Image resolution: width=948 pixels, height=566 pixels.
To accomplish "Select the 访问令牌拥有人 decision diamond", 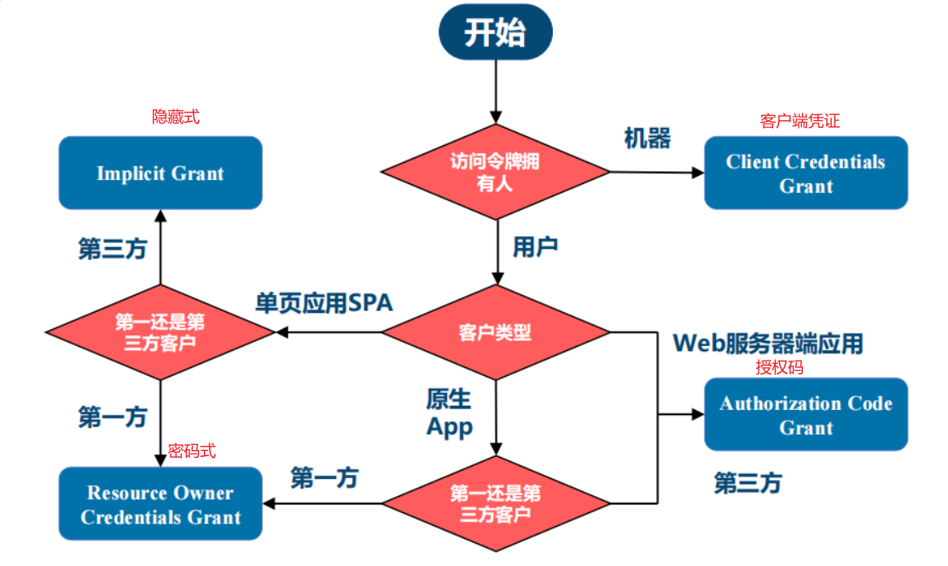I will [495, 171].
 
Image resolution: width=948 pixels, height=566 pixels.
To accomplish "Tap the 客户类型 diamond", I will [495, 332].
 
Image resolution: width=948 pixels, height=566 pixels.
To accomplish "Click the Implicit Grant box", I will [160, 173].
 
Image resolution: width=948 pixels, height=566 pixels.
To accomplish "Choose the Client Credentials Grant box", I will [806, 173].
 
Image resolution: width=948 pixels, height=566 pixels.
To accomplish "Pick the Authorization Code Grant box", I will [806, 414].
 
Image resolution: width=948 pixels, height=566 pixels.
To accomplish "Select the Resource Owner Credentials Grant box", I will [160, 504].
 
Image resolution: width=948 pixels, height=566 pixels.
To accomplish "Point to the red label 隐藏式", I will [176, 117].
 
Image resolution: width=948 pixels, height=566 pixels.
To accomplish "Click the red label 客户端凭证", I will [800, 121].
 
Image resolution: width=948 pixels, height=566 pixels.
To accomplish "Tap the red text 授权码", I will [779, 367].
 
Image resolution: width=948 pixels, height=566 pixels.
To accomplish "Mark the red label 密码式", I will [192, 450].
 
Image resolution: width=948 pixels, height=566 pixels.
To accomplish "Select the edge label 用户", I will [535, 247].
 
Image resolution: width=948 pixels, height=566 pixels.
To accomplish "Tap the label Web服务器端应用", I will [768, 343].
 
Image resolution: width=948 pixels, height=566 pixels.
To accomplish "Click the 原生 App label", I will [450, 413].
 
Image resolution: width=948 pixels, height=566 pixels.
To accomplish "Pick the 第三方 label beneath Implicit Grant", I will [113, 249].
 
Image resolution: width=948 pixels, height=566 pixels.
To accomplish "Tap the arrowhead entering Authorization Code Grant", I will [697, 414].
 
